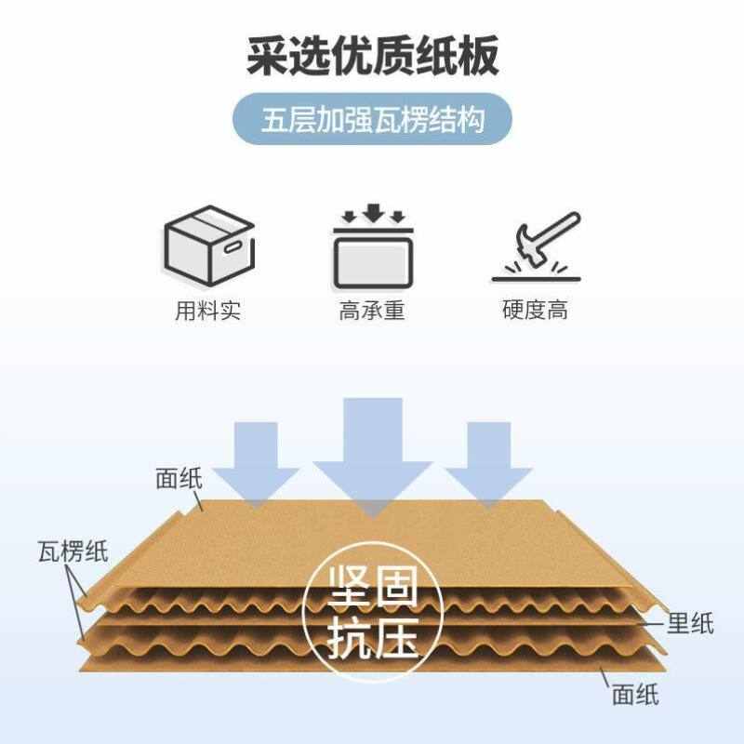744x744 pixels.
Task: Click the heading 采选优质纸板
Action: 372,57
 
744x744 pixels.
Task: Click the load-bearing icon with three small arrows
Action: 372,246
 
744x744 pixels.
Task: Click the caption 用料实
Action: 208,311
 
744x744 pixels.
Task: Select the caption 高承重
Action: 372,311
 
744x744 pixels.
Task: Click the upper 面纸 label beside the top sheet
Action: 179,480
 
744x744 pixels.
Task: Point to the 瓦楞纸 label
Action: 73,551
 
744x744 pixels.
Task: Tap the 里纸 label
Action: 690,623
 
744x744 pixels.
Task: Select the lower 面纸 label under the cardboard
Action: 635,693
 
